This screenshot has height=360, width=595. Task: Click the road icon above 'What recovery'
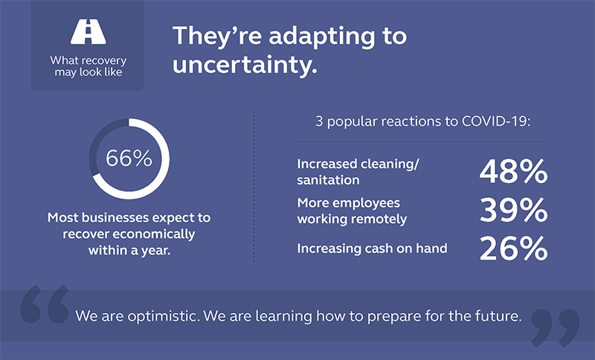click(88, 31)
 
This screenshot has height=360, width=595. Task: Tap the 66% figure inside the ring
click(129, 158)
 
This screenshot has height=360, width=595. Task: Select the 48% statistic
click(513, 172)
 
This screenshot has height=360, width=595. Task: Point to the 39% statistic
click(513, 210)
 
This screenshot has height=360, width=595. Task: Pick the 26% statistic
click(513, 248)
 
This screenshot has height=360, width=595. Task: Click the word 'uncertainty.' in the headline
click(245, 65)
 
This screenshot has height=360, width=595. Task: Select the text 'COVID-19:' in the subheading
click(496, 121)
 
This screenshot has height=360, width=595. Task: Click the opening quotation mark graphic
click(45, 304)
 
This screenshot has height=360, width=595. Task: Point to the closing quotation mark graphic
click(555, 328)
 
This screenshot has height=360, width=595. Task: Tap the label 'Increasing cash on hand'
click(373, 248)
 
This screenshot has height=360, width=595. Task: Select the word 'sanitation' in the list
click(328, 180)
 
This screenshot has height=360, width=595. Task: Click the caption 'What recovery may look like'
click(89, 66)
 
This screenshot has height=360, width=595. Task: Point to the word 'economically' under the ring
click(153, 234)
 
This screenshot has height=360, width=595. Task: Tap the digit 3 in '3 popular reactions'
click(319, 122)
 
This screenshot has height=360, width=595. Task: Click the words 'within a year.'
click(129, 251)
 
